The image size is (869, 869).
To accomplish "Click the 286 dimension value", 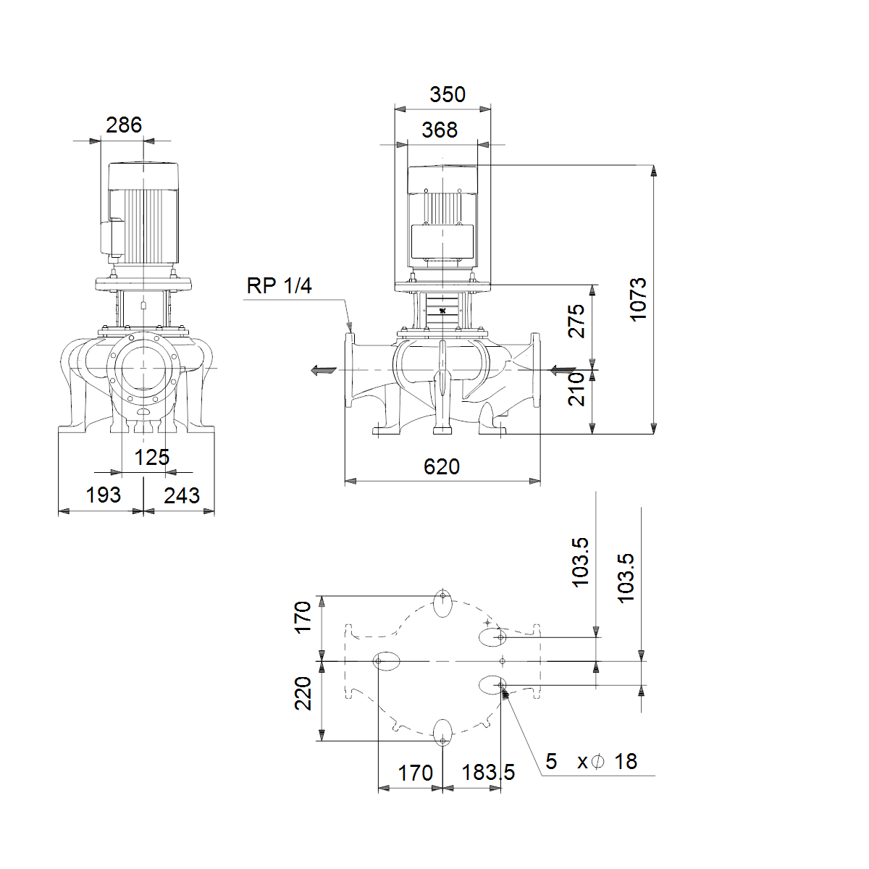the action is [124, 125].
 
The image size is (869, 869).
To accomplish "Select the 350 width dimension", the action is [448, 95].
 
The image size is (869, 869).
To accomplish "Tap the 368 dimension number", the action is [440, 130].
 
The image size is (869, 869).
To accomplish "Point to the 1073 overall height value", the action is [638, 299].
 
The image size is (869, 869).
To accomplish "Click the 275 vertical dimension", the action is [576, 321].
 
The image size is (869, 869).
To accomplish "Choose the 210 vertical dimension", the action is [576, 389].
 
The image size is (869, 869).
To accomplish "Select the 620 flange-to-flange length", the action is [442, 467].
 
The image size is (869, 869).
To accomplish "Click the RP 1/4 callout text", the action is [279, 285].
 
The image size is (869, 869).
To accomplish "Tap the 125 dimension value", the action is [152, 458].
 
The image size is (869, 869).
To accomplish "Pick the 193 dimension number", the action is [104, 495].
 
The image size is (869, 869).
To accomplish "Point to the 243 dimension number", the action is [182, 495].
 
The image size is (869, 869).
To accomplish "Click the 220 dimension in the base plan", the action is [303, 694].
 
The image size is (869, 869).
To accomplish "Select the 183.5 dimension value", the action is [488, 772].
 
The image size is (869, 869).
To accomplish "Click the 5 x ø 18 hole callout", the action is [591, 761].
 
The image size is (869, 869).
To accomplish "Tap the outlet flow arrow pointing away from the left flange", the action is [324, 370].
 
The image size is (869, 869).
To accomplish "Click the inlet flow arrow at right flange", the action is [563, 370].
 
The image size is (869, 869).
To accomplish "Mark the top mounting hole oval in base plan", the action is [443, 603].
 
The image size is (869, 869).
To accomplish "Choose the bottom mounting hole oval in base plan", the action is [443, 733].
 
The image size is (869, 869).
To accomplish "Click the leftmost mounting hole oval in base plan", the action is [387, 661].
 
